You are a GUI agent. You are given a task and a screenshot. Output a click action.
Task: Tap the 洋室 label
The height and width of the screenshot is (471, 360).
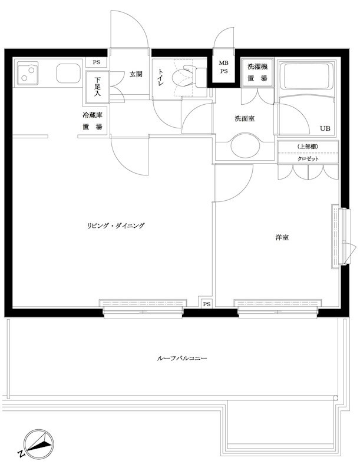281,237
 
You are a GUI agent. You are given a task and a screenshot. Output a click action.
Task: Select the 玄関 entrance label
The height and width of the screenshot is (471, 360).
136,74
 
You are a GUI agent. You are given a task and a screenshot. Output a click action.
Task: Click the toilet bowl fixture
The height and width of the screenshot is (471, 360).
182,78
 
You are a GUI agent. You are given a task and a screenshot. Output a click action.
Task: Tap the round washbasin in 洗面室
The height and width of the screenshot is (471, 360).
245,146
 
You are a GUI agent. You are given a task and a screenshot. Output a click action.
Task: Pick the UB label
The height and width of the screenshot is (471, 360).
325,128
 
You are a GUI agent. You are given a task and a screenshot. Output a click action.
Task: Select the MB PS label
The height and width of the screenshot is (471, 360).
224,67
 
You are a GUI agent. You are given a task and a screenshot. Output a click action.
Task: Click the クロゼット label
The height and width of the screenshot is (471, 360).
308,159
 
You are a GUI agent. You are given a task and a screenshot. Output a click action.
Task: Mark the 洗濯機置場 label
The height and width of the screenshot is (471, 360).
257,72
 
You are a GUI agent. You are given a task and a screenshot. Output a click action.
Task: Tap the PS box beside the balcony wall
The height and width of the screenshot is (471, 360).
206,304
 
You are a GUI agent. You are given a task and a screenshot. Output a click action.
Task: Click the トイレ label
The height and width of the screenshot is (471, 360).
160,78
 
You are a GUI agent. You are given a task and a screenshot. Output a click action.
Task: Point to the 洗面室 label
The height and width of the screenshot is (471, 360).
245,119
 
